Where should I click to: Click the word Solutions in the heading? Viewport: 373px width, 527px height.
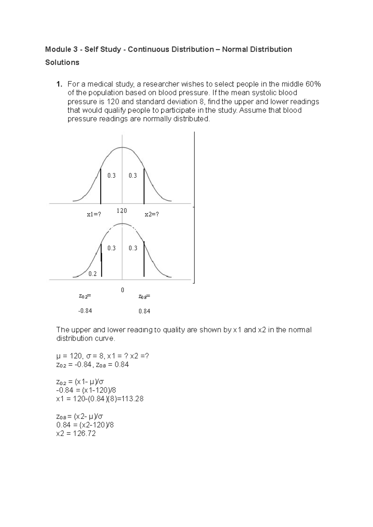tap(62, 63)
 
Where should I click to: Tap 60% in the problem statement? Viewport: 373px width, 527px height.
tap(313, 84)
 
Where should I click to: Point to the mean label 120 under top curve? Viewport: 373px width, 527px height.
tap(122, 211)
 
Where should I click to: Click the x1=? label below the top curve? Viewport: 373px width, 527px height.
tap(94, 214)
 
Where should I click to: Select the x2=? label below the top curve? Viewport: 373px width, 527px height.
tap(152, 214)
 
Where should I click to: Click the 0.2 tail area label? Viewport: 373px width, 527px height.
tap(92, 274)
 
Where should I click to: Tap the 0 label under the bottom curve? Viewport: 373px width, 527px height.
tap(122, 290)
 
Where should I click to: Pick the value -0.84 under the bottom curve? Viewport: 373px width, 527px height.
tap(85, 311)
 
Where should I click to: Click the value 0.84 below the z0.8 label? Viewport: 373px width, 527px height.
tap(145, 311)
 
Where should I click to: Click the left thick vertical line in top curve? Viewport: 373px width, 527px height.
tap(101, 186)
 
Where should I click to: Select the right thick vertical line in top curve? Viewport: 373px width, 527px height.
tap(144, 186)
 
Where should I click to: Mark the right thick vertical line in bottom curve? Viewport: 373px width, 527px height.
tap(144, 259)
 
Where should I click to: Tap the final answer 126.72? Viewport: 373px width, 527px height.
tap(84, 434)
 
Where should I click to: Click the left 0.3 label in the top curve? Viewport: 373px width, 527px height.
tap(111, 176)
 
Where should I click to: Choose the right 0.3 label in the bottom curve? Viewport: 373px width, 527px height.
tap(133, 248)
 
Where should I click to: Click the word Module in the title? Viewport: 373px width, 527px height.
tap(57, 49)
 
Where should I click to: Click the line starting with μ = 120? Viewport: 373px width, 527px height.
tap(103, 356)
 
